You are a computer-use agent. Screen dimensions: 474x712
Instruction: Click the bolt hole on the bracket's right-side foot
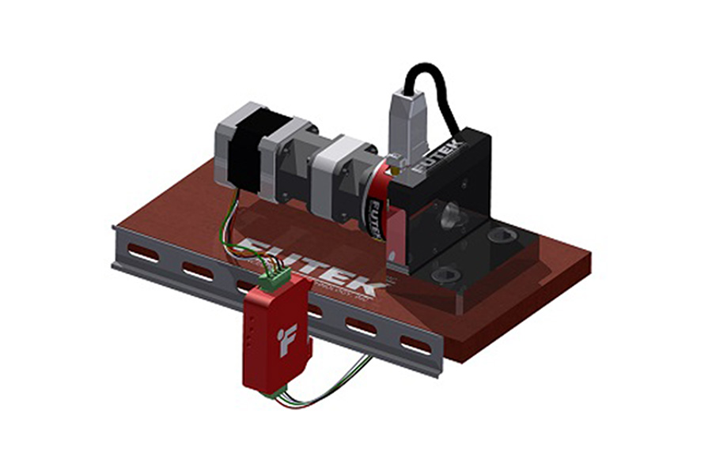tap(502, 236)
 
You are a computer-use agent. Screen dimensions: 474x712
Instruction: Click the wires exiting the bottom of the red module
tap(316, 395)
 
